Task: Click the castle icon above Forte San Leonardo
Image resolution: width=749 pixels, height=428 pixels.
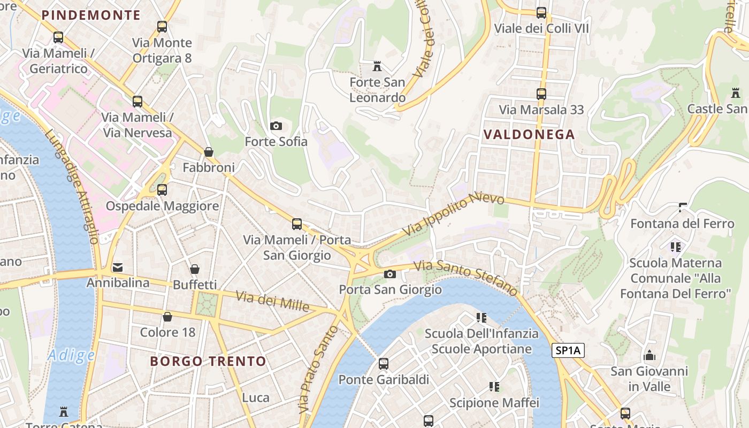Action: coord(377,66)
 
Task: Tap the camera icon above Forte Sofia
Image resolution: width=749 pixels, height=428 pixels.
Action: coord(276,126)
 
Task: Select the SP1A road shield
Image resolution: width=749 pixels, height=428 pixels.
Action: coord(568,351)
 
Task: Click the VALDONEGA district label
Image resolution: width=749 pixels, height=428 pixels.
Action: coord(529,134)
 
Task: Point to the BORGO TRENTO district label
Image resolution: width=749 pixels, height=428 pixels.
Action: coord(208,361)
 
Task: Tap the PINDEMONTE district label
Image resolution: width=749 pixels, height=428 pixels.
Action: coord(91,15)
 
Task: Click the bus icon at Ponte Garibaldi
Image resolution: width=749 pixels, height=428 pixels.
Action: coord(384,364)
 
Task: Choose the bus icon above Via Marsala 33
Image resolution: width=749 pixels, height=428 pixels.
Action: coord(541,94)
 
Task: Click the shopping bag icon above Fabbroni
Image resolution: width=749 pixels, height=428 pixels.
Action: coord(209,152)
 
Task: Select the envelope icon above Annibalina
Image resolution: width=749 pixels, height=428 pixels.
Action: coord(118,267)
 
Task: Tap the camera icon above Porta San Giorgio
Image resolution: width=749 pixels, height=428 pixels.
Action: coord(390,274)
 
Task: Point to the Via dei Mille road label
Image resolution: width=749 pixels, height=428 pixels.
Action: coord(272,301)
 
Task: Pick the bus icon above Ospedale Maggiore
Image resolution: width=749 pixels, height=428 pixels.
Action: coord(162,190)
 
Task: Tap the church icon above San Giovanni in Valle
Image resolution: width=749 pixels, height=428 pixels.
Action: coord(649,356)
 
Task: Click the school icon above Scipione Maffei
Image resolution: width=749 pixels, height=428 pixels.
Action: coord(494,387)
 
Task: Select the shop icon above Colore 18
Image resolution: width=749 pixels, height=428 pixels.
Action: coord(167,317)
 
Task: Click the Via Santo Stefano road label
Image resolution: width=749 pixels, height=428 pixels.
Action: coord(466,278)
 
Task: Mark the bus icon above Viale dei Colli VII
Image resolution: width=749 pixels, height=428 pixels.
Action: coord(541,13)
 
